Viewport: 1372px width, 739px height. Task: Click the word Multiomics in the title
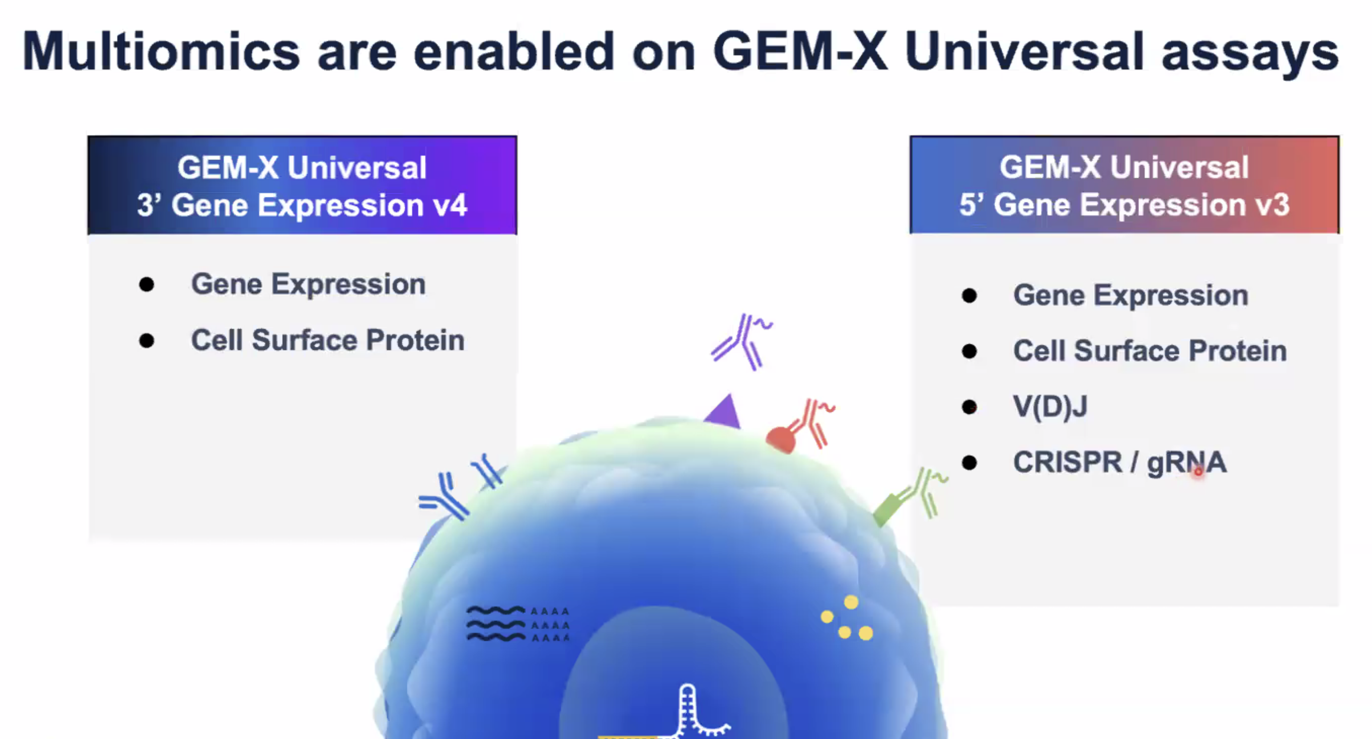(161, 51)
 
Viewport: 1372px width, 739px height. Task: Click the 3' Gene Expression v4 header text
(302, 205)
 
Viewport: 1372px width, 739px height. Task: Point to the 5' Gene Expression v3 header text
(1124, 205)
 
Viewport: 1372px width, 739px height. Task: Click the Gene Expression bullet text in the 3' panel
(308, 284)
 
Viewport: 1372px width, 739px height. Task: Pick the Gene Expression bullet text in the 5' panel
(1131, 295)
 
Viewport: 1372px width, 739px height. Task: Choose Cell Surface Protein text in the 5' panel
(1150, 351)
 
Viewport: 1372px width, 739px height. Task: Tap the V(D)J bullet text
(1050, 407)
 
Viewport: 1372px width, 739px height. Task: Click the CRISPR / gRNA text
(1120, 462)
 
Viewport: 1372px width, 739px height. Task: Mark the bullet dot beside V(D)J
(969, 407)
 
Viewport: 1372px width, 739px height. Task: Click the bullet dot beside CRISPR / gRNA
(969, 463)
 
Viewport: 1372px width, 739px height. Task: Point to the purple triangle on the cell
(724, 413)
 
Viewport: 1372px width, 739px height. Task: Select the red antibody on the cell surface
(800, 426)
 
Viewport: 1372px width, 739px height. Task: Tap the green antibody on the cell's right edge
(910, 496)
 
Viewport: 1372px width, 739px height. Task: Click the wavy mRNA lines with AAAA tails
(518, 624)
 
